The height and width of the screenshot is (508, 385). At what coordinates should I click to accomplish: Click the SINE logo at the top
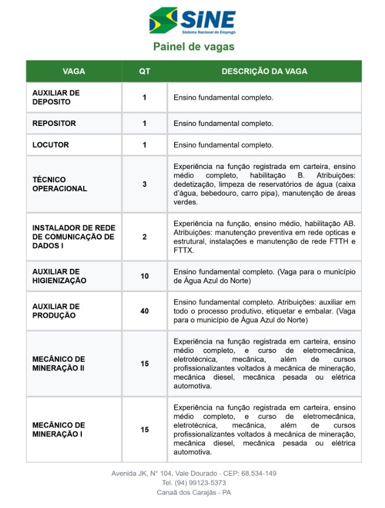[x=192, y=21]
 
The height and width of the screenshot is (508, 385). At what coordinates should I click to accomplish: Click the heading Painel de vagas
[x=193, y=46]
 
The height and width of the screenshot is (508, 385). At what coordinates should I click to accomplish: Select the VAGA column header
[x=74, y=71]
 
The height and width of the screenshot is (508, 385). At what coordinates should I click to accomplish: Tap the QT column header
[x=145, y=71]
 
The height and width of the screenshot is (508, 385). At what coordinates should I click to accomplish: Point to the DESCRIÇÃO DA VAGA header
[x=264, y=71]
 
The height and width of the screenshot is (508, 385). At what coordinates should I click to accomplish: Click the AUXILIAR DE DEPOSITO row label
[x=56, y=97]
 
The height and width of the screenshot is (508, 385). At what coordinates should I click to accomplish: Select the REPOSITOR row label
[x=54, y=124]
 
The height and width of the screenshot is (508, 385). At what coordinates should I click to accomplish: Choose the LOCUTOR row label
[x=51, y=145]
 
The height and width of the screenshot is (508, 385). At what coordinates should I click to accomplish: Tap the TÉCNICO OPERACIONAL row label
[x=60, y=184]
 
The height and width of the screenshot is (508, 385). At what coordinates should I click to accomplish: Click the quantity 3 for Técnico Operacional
[x=145, y=184]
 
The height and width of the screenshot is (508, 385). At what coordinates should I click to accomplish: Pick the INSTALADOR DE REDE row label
[x=73, y=237]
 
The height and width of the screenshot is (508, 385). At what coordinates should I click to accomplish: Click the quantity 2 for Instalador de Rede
[x=145, y=237]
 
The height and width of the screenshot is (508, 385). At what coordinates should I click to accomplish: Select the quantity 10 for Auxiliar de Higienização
[x=145, y=276]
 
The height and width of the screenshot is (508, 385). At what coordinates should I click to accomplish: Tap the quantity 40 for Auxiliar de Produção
[x=145, y=311]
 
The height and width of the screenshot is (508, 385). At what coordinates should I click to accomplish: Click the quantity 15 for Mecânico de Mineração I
[x=145, y=430]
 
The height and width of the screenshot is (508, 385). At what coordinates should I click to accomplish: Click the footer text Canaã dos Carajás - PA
[x=193, y=492]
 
